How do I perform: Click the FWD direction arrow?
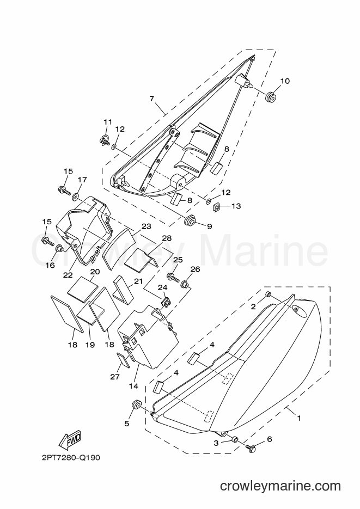[70, 440]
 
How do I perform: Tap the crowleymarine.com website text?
[280, 486]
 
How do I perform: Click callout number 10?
[285, 81]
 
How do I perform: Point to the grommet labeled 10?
[270, 97]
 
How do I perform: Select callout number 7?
[151, 99]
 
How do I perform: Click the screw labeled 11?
[104, 140]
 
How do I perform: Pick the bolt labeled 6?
[251, 447]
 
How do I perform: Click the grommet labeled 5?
[136, 405]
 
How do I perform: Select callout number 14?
[133, 387]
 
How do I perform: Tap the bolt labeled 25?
[173, 277]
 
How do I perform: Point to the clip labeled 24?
[167, 303]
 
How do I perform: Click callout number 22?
[68, 275]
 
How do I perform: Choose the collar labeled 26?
[185, 284]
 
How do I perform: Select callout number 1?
[299, 419]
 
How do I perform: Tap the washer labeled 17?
[76, 197]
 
